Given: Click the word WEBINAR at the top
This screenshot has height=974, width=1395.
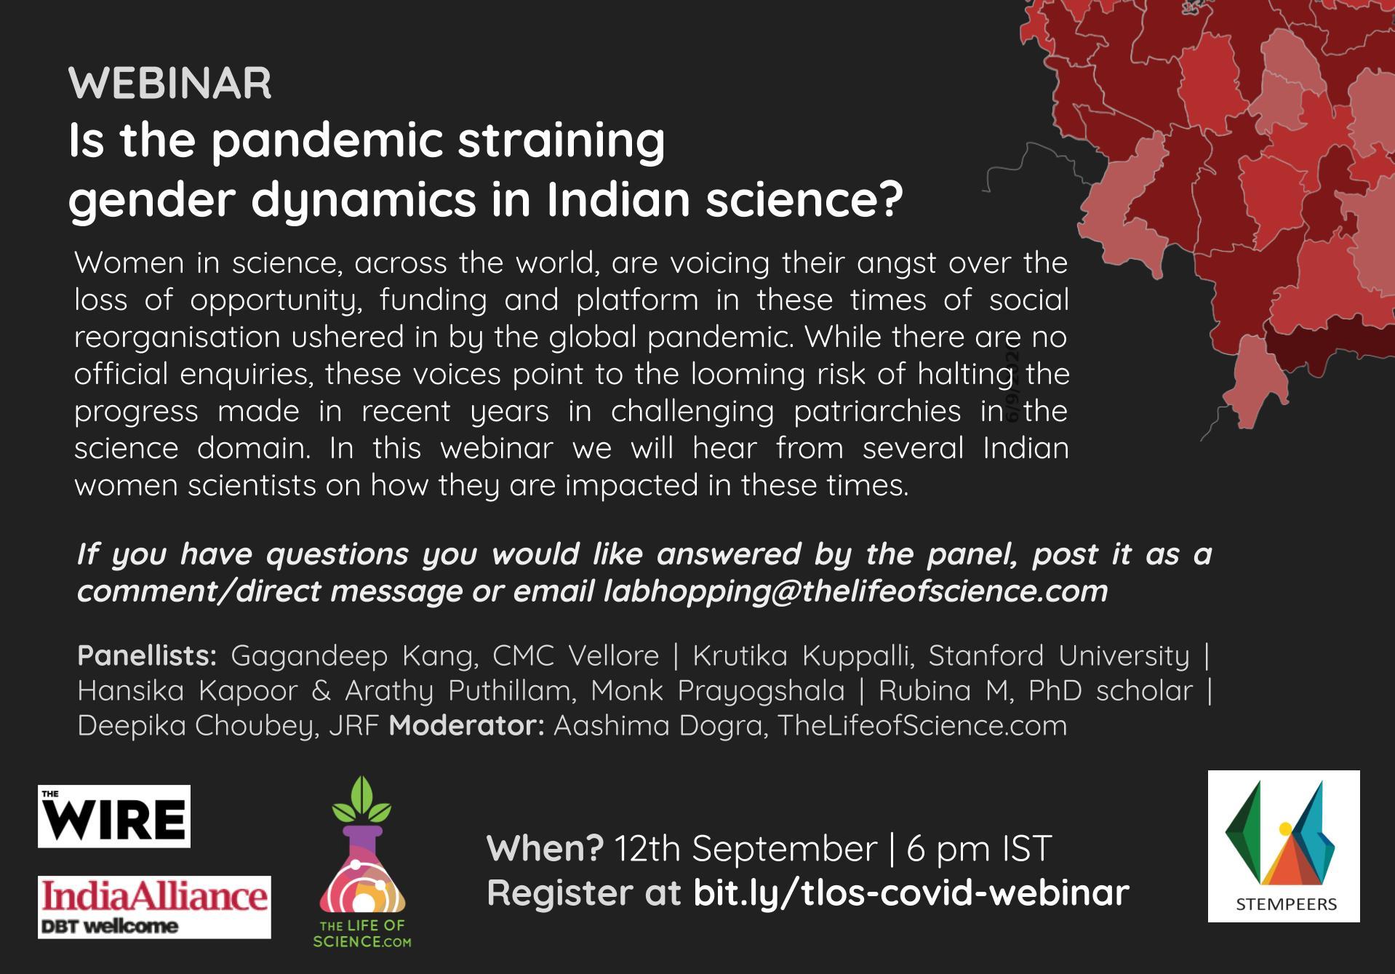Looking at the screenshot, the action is pyautogui.click(x=169, y=83).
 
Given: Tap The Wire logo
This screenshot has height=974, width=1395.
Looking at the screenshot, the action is pyautogui.click(x=114, y=816).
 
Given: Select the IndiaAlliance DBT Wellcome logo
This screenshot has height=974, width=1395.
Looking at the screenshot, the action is pyautogui.click(x=154, y=907).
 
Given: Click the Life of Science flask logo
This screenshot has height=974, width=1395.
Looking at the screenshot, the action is pyautogui.click(x=362, y=862).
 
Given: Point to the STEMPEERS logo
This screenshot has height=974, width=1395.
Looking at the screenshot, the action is pyautogui.click(x=1284, y=846).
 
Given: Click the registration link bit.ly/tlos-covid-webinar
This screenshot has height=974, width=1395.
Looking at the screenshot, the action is pyautogui.click(x=911, y=893).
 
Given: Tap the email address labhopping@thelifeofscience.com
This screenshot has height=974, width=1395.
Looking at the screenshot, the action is pyautogui.click(x=855, y=591).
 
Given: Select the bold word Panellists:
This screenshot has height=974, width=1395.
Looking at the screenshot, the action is pyautogui.click(x=147, y=655).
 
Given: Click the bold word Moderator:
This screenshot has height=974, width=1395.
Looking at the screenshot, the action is pyautogui.click(x=466, y=725).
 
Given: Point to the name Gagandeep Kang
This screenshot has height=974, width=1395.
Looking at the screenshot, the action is pyautogui.click(x=354, y=656).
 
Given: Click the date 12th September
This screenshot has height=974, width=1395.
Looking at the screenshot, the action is pyautogui.click(x=746, y=848).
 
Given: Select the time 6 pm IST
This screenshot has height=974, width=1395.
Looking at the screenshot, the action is pyautogui.click(x=979, y=848).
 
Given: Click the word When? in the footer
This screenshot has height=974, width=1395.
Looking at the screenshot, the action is pyautogui.click(x=545, y=848).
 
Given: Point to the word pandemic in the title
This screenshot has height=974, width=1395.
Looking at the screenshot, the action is pyautogui.click(x=327, y=140).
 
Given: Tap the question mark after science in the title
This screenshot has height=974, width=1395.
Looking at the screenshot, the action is pyautogui.click(x=890, y=199).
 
